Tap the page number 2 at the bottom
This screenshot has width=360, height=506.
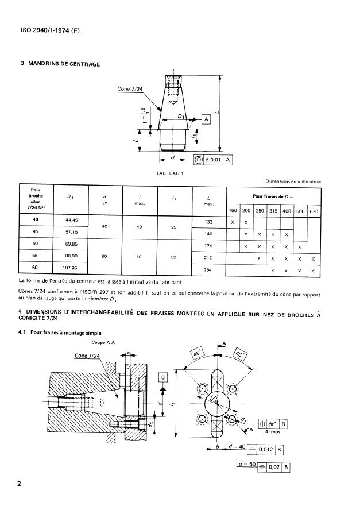19,484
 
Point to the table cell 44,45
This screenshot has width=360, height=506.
68,220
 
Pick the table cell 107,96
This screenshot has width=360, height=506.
68,267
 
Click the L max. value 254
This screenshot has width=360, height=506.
209,269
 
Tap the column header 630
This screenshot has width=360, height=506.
313,211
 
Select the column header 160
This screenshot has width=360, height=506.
233,211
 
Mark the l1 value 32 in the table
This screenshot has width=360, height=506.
173,258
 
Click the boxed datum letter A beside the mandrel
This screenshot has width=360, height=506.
206,119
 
